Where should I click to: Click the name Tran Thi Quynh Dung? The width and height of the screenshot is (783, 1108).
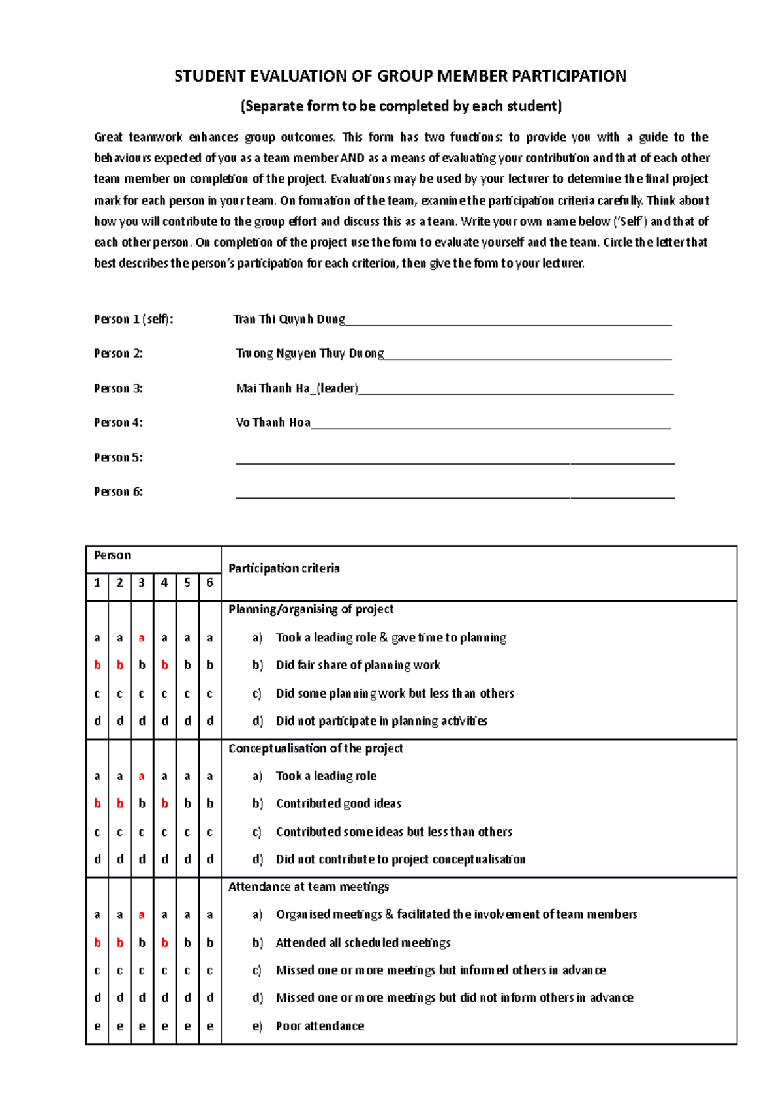289,319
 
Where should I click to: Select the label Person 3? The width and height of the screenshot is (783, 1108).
118,388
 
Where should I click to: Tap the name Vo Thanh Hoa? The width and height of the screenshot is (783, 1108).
273,423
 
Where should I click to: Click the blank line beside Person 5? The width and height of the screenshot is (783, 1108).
455,462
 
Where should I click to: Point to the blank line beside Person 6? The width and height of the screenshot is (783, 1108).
455,496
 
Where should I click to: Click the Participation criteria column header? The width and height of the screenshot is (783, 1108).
284,568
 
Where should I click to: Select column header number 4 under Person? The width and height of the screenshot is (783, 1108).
164,583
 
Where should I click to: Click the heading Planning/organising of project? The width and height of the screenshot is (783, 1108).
311,609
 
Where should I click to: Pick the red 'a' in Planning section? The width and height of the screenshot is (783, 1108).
142,638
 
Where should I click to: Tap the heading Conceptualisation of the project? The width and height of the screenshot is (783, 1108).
315,748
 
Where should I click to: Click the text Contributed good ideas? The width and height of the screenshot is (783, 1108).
338,804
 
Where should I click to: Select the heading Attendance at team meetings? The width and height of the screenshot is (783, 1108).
308,887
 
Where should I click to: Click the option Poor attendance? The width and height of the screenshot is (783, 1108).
320,1026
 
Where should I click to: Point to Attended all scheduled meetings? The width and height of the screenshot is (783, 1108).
363,943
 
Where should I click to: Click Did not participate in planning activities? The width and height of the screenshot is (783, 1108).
381,721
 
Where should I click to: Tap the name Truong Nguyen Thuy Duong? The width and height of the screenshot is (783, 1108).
310,354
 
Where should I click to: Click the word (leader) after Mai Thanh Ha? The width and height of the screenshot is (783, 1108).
337,388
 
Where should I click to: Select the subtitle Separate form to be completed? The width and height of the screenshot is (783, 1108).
401,106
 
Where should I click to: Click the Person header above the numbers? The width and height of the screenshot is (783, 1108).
112,555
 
